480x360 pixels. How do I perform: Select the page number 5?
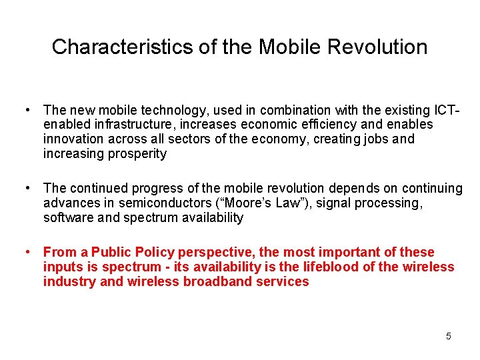449,336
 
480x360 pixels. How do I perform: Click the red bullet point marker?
26,252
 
